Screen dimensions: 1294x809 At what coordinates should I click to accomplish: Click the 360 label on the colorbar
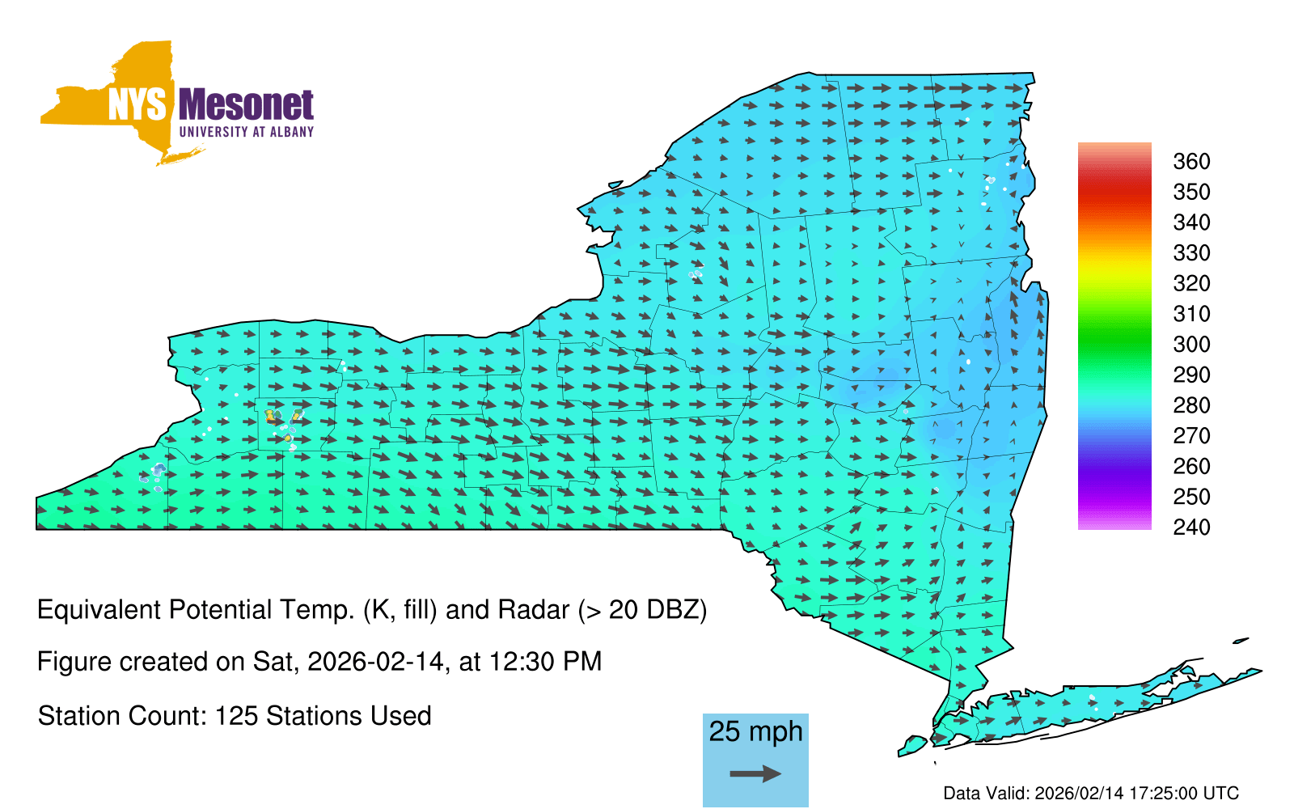[1191, 161]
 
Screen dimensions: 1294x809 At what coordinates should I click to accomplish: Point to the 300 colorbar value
[1191, 345]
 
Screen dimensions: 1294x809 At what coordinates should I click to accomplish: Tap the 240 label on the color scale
[1191, 527]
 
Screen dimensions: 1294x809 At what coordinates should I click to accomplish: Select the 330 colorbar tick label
[1191, 253]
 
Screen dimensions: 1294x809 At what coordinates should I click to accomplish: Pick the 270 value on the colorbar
[1191, 436]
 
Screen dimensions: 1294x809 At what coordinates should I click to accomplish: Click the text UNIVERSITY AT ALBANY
[246, 132]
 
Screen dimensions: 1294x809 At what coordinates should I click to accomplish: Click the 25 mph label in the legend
[755, 731]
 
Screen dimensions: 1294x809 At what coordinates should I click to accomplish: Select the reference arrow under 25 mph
[755, 773]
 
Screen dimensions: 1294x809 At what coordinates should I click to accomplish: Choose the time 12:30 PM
[545, 662]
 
